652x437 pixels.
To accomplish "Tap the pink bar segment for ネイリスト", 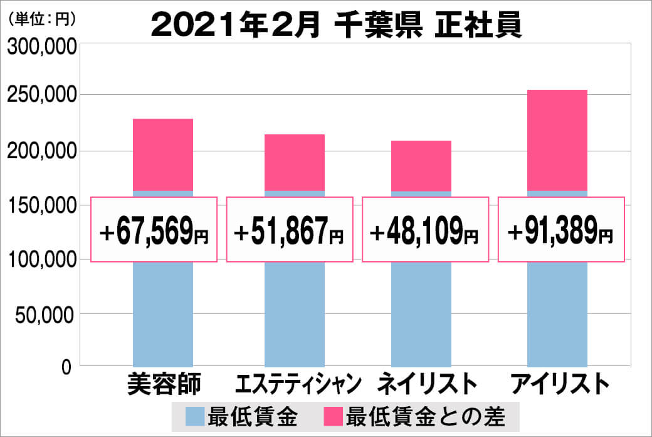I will (421, 166).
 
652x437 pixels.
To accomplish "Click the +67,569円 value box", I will (154, 230).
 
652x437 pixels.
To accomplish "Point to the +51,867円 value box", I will (288, 230).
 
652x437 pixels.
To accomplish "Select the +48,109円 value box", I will (425, 230).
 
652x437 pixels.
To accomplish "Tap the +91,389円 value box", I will (561, 230).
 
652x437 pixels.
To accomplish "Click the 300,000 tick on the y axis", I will (41, 46).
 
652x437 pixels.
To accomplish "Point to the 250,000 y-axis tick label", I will (41, 96).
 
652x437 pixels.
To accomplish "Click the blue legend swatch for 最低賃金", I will (196, 416).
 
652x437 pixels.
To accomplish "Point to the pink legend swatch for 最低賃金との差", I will (332, 416).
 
